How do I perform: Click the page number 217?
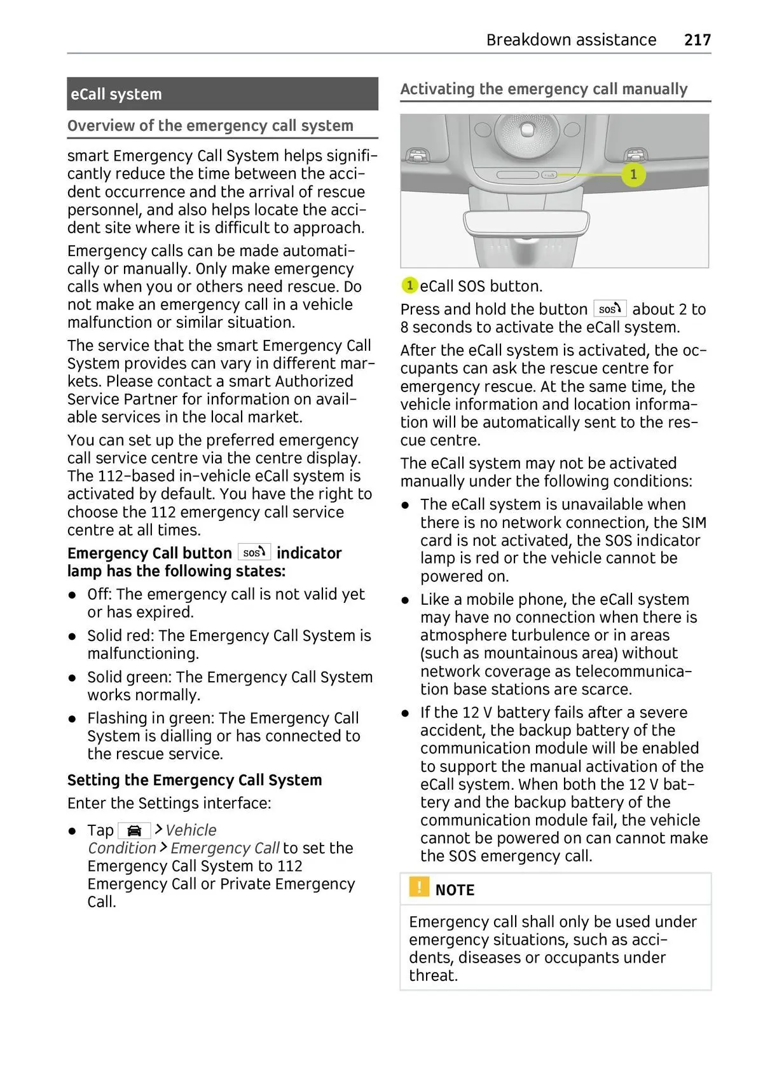tap(697, 40)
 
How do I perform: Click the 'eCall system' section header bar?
tap(222, 94)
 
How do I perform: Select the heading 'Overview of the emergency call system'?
tap(210, 126)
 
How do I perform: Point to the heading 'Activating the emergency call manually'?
tap(544, 89)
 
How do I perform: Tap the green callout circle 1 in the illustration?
tap(633, 174)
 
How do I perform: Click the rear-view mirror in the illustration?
tap(526, 222)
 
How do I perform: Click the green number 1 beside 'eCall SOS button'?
tap(409, 286)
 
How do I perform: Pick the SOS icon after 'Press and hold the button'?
tap(610, 309)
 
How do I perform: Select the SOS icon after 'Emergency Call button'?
tap(254, 553)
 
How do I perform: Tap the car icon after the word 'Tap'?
tap(134, 830)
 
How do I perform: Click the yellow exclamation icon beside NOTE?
tap(419, 887)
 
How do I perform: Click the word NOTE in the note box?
tap(455, 890)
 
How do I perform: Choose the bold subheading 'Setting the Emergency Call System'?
tap(195, 780)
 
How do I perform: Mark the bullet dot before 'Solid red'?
tap(74, 636)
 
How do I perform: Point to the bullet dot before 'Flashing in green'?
tap(74, 719)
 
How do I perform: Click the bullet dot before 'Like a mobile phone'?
tap(406, 600)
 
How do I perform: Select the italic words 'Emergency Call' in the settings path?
tap(224, 848)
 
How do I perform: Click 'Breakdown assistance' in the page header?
tap(571, 40)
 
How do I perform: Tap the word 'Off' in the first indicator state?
tap(99, 595)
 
